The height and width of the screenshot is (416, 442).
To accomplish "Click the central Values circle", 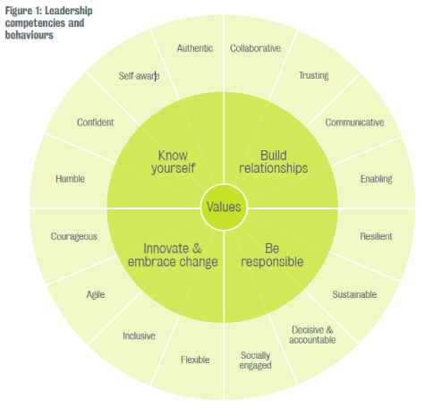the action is pyautogui.click(x=224, y=208).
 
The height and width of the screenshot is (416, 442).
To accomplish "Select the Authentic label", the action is pyautogui.click(x=195, y=48).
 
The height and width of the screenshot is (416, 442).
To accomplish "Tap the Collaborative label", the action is pyautogui.click(x=255, y=48).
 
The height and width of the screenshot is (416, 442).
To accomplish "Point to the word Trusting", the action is pyautogui.click(x=314, y=76).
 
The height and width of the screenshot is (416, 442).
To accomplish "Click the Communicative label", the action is pyautogui.click(x=354, y=123).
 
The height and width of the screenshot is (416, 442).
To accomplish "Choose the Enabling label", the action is pyautogui.click(x=377, y=179).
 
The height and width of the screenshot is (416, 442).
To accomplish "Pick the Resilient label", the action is pyautogui.click(x=376, y=236).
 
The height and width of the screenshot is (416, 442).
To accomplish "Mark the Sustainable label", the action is pyautogui.click(x=354, y=294).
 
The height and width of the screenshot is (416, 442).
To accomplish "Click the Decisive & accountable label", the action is pyautogui.click(x=312, y=335).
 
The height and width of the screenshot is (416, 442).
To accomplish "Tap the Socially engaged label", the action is pyautogui.click(x=255, y=361).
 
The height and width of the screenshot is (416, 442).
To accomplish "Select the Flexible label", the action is pyautogui.click(x=195, y=360).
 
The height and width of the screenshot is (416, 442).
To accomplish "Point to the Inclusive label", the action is pyautogui.click(x=139, y=336).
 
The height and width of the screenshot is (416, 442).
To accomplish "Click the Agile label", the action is pyautogui.click(x=96, y=295).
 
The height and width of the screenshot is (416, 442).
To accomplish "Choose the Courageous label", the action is pyautogui.click(x=74, y=237).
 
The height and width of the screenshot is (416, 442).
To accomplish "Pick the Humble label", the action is pyautogui.click(x=71, y=179).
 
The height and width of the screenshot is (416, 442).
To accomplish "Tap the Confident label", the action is pyautogui.click(x=96, y=123).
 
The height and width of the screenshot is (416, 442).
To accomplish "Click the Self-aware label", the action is pyautogui.click(x=139, y=76).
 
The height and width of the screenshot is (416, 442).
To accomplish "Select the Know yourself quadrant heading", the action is pyautogui.click(x=173, y=162).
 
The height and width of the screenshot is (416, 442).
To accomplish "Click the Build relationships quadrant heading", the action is pyautogui.click(x=273, y=162).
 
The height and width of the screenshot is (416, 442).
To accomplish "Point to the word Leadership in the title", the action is pyautogui.click(x=69, y=11).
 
